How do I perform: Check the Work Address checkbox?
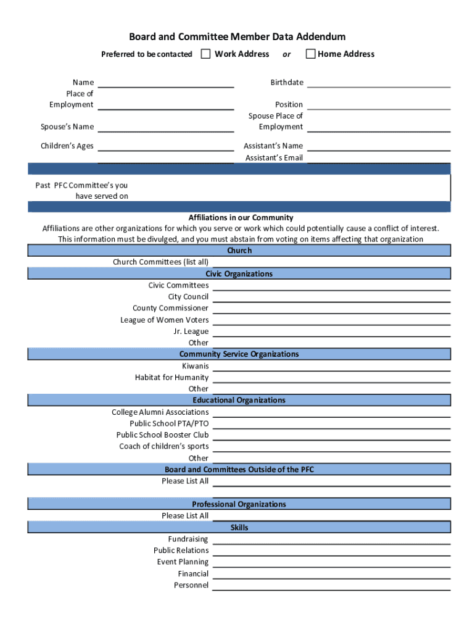[x=205, y=54]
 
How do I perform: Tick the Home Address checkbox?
[x=310, y=54]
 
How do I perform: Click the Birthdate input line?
[x=378, y=83]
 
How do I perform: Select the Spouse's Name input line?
[x=165, y=128]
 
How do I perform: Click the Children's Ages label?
[x=67, y=146]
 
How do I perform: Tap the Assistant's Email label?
[x=274, y=158]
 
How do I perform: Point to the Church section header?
[x=239, y=251]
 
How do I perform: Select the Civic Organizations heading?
[x=239, y=274]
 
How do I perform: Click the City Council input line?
[x=331, y=297]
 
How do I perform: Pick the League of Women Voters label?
[x=164, y=320]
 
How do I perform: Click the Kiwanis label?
[x=195, y=366]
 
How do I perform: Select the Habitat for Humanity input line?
[x=331, y=378]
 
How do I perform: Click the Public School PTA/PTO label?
[x=169, y=423]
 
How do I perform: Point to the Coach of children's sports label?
[x=163, y=446]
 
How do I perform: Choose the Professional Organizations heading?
[x=239, y=504]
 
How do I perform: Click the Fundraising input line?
[x=331, y=540]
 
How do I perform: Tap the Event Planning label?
[x=183, y=562]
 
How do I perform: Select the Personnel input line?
[x=331, y=586]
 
